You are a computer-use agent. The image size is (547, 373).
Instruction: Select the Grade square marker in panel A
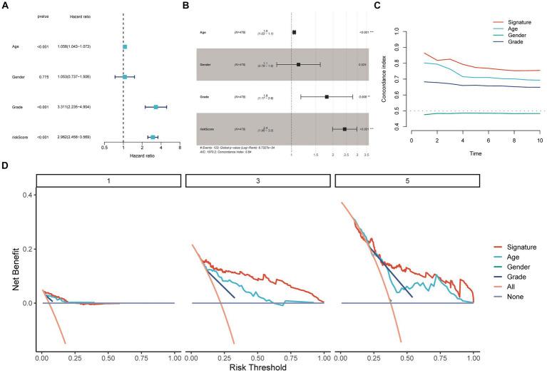coord(155,107)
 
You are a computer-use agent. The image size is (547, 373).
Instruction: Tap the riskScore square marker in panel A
coord(153,136)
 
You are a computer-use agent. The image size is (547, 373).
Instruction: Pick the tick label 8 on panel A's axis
coord(179,149)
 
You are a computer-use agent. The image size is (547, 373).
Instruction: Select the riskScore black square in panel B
coord(344,129)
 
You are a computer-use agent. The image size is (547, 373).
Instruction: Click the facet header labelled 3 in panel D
coord(255,182)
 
